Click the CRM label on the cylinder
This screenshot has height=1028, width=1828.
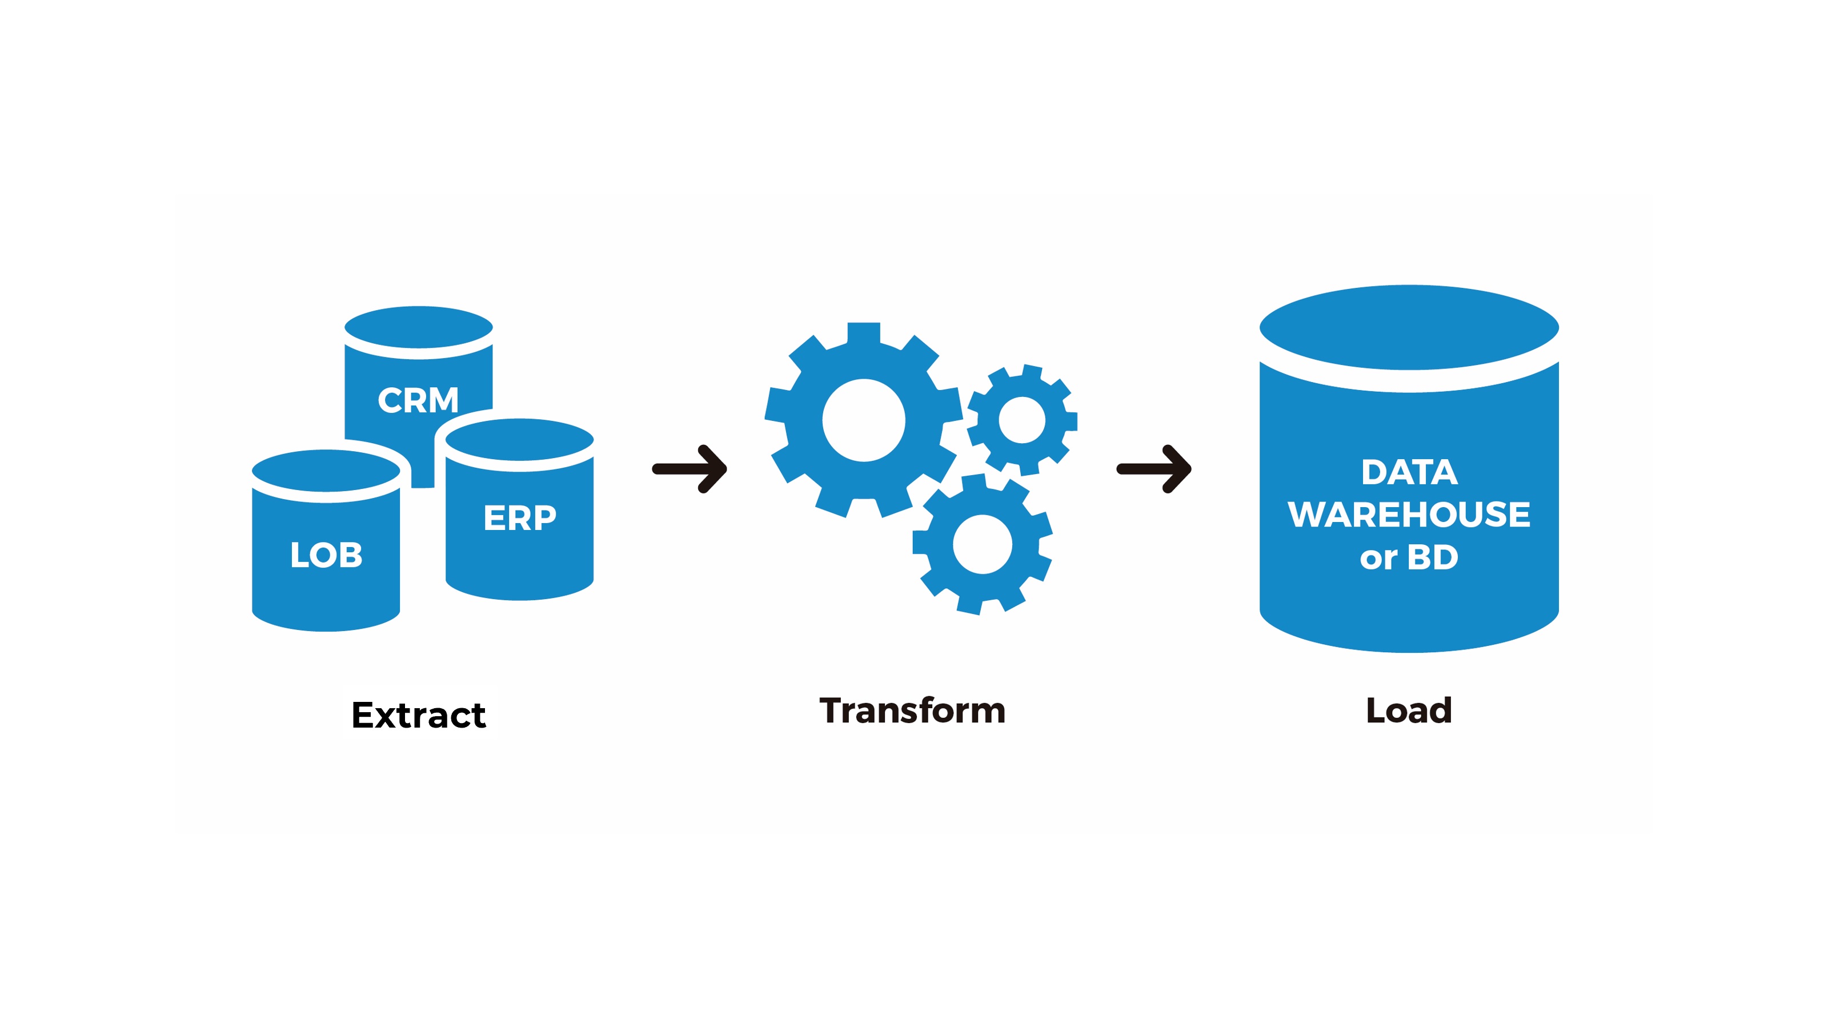tap(418, 400)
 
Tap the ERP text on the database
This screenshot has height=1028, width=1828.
tap(519, 518)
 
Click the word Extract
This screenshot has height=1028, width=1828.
tap(419, 715)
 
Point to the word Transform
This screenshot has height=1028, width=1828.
tap(913, 711)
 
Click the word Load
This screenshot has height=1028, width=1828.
tap(1409, 711)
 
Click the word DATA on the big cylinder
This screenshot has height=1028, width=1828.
tap(1409, 472)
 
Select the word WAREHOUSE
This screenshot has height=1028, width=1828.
tap(1409, 515)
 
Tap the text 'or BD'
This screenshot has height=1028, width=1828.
tap(1409, 557)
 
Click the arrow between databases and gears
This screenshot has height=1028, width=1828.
tap(689, 469)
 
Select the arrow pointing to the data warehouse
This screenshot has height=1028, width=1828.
tap(1154, 469)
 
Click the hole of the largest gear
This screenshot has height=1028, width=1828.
tap(864, 420)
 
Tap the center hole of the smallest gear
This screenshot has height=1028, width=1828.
tap(1022, 420)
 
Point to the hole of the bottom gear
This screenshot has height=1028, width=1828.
tap(982, 544)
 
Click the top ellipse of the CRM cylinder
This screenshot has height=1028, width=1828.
tap(419, 328)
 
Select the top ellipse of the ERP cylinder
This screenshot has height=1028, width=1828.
tap(519, 440)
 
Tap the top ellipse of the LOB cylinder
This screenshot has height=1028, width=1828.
tap(326, 471)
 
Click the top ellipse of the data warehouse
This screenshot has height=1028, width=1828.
tap(1409, 327)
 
